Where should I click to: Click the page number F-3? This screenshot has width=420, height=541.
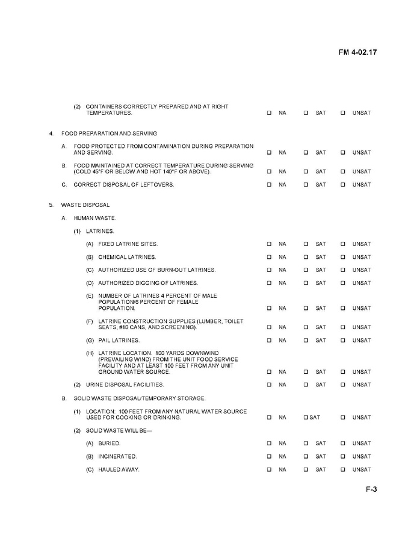click(371, 489)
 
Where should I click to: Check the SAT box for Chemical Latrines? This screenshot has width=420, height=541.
click(306, 257)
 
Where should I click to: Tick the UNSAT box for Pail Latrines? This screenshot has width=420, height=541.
click(343, 341)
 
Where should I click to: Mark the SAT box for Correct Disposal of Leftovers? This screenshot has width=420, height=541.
click(306, 185)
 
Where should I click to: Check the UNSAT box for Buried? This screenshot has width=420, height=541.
click(343, 444)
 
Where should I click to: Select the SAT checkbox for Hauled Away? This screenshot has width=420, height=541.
click(306, 470)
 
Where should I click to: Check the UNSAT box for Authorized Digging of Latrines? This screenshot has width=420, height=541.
click(343, 283)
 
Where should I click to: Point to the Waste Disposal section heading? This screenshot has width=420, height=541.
click(85, 205)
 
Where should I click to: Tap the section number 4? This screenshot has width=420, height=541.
click(51, 133)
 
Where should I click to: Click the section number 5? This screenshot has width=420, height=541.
click(51, 205)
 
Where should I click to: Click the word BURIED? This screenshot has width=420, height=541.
click(109, 444)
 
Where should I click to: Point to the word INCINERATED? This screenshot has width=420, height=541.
click(117, 457)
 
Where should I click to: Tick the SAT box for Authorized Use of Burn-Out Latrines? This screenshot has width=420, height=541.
click(306, 270)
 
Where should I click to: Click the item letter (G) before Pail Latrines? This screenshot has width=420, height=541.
click(90, 341)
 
